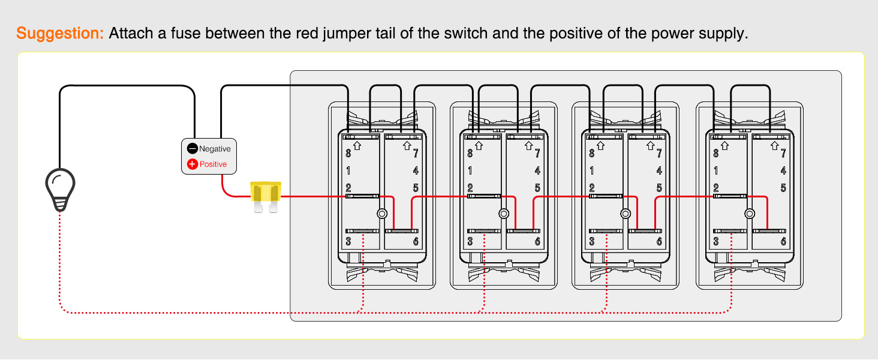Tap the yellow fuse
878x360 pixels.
(266, 195)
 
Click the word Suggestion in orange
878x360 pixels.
(61, 33)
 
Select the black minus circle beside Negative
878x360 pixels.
(193, 149)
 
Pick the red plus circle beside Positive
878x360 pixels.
(193, 164)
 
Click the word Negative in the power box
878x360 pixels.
(215, 149)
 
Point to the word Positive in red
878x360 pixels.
(214, 164)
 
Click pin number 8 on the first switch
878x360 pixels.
(348, 153)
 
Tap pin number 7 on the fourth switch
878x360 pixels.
(783, 154)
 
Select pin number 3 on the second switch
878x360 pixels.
(470, 242)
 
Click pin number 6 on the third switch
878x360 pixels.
(659, 242)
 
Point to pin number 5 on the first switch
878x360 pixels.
(416, 188)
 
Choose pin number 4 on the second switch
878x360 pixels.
(537, 170)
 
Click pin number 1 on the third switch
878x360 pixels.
(592, 170)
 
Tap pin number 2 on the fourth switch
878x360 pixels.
(716, 188)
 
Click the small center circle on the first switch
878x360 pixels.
(382, 214)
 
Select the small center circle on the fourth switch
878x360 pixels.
(749, 214)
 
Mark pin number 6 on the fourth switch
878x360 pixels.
(783, 242)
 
